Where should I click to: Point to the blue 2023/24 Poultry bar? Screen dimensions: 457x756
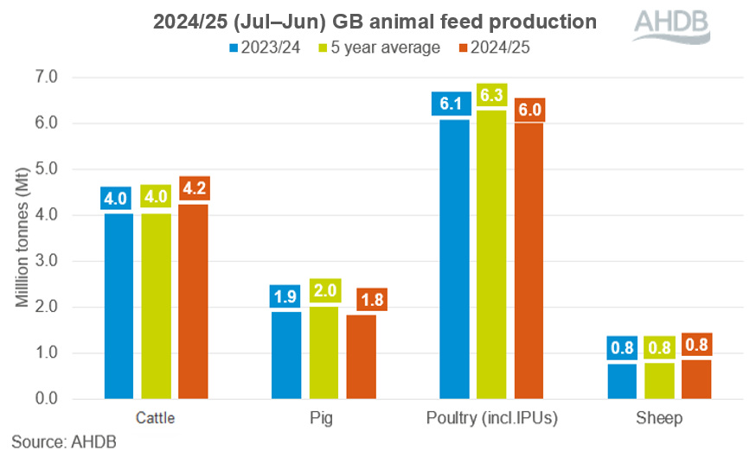[453, 258]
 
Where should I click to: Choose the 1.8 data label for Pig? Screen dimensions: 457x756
[362, 301]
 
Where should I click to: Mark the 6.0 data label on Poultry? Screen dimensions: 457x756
[529, 111]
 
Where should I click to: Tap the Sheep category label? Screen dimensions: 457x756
[659, 419]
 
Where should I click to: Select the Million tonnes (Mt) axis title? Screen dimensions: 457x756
[22, 238]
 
